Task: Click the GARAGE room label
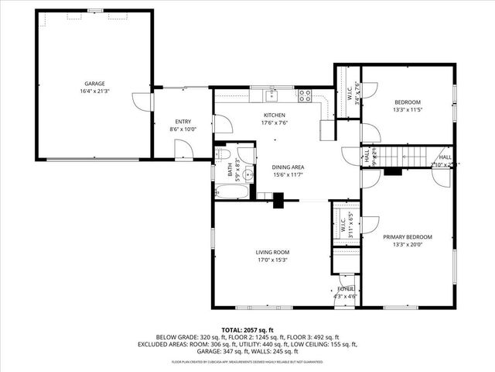pos(95,84)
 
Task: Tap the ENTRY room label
pos(183,122)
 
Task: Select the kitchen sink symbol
pos(271,96)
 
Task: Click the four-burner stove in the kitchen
pos(305,96)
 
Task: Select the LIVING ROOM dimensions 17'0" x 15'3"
pos(272,260)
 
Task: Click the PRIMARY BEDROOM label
pos(408,237)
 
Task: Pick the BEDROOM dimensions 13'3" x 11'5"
pos(408,110)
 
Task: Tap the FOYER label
pos(345,288)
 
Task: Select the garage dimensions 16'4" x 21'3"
pos(95,91)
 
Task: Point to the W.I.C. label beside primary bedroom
pos(341,225)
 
